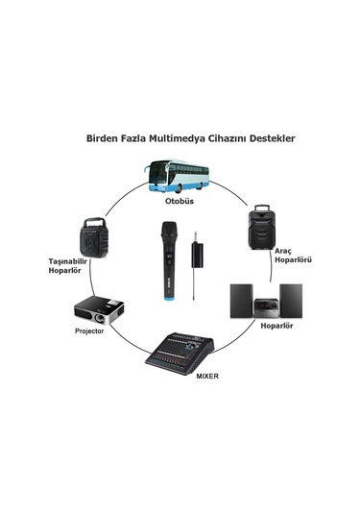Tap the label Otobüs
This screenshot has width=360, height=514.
point(179,203)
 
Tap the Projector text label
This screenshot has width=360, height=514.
point(89,331)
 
